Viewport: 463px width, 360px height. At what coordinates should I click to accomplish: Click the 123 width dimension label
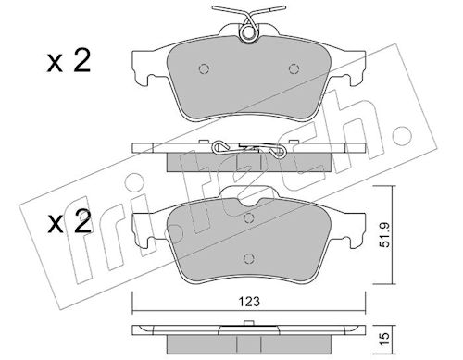click(249, 302)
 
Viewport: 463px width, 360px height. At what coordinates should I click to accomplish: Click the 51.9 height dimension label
click(385, 235)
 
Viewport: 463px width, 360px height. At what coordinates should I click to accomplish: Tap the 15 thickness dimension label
click(385, 340)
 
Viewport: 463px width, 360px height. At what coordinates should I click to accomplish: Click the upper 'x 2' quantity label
click(69, 61)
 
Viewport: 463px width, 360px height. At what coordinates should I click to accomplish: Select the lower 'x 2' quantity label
click(69, 221)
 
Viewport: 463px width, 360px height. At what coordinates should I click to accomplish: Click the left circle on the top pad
click(204, 68)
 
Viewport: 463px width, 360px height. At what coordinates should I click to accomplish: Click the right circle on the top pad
click(294, 68)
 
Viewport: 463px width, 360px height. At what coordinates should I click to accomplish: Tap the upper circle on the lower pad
click(248, 218)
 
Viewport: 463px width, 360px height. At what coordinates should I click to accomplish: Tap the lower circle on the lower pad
click(248, 258)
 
